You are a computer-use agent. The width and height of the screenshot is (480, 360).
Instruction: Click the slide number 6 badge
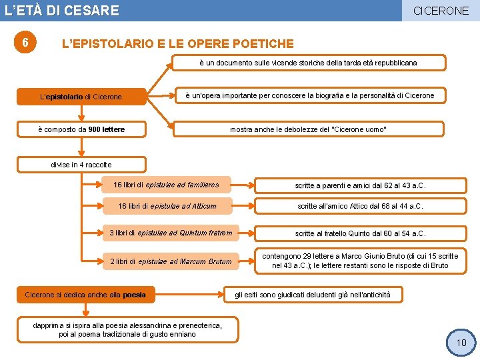tap(25, 43)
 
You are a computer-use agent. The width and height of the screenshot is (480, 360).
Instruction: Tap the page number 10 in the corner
tap(461, 343)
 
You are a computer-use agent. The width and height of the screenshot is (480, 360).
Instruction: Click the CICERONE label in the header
tap(441, 11)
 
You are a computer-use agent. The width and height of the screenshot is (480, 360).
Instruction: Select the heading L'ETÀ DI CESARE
tap(62, 11)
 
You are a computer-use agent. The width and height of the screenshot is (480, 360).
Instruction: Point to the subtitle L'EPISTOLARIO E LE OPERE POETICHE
tap(177, 44)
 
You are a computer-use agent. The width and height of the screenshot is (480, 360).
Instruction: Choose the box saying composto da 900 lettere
tap(81, 129)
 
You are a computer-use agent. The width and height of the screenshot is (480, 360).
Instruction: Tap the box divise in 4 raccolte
tap(81, 165)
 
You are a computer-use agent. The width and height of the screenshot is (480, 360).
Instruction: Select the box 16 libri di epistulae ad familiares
tap(166, 185)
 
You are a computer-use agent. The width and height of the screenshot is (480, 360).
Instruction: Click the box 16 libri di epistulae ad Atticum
tap(167, 206)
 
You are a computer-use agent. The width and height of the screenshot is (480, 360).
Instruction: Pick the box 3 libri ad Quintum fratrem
tap(171, 233)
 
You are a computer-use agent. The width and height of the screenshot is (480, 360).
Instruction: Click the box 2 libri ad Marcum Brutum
tap(171, 261)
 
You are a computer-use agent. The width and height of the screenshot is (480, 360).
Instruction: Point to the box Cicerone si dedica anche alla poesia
tap(85, 294)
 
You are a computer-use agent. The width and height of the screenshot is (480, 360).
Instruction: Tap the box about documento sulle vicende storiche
tap(307, 63)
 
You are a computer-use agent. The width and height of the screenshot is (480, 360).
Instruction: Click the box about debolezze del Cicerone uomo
tap(308, 129)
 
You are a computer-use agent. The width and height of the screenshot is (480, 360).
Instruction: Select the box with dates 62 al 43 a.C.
tap(360, 185)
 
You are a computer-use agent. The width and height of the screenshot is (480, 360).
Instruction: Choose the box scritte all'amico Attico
tap(360, 206)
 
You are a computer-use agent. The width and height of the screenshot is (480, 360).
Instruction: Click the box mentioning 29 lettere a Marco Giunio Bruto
tap(360, 261)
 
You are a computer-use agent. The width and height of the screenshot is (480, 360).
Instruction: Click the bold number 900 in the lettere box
tap(95, 129)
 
